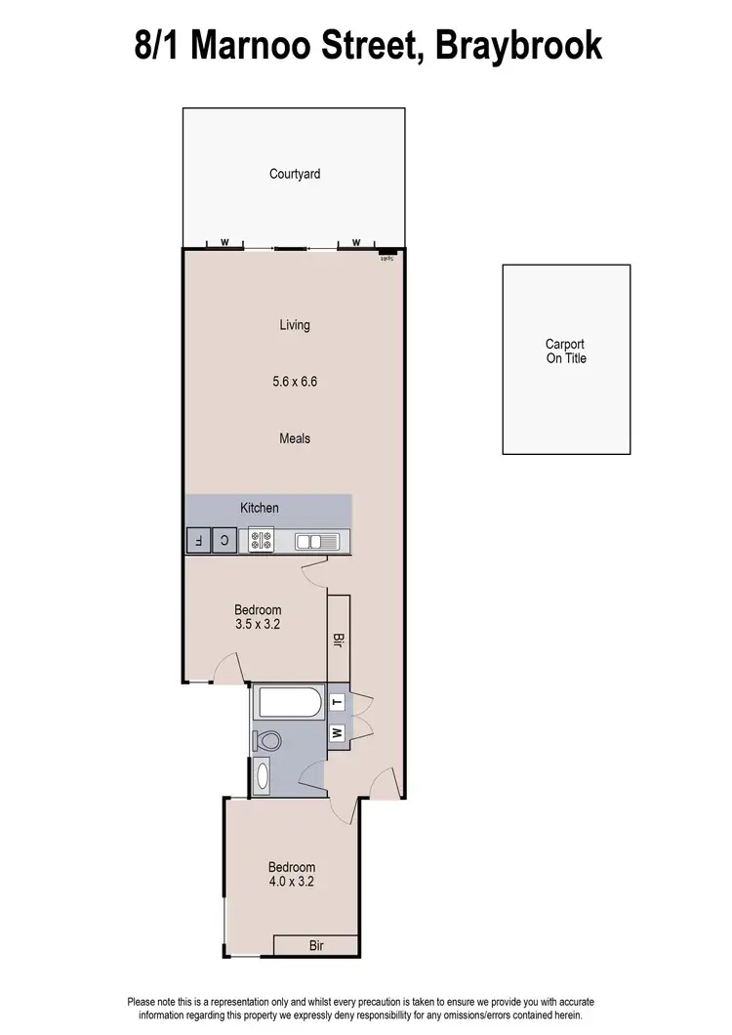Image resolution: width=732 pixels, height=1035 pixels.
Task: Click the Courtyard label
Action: (295, 174)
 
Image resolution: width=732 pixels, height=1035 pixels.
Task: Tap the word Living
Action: (295, 325)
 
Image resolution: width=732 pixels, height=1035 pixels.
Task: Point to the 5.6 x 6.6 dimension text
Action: (295, 382)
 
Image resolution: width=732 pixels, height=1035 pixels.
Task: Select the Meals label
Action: (295, 438)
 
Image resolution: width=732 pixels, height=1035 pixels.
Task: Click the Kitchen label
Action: (260, 508)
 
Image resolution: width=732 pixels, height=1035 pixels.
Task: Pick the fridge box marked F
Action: (198, 540)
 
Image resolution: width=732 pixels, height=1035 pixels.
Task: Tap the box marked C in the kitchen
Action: (224, 540)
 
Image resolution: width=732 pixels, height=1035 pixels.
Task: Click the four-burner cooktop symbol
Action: (262, 540)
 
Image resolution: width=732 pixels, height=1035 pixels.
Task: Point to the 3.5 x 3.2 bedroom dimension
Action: (258, 625)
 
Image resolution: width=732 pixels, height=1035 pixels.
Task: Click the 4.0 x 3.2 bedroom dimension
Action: (292, 881)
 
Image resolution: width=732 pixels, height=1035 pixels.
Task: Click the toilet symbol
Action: (266, 741)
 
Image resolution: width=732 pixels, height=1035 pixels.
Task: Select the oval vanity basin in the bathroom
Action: (263, 776)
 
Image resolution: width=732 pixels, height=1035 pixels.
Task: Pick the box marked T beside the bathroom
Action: (337, 701)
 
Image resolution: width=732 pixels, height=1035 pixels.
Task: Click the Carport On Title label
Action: (566, 352)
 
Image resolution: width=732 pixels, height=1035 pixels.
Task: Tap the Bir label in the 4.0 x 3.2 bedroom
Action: (316, 945)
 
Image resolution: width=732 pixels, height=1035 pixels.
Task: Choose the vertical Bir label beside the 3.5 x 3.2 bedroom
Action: (338, 641)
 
